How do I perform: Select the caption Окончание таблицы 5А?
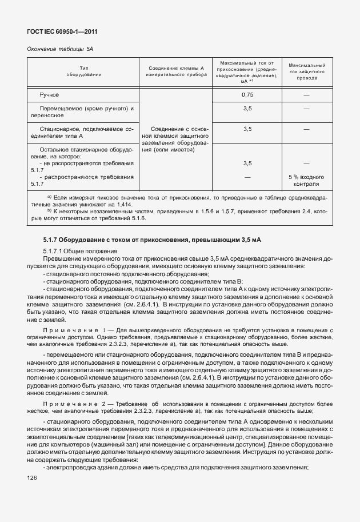pos(60,49)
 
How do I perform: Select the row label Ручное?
pos(49,94)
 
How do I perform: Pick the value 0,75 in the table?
pos(247,94)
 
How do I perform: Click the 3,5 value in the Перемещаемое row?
pos(247,107)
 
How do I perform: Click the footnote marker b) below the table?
pos(50,210)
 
